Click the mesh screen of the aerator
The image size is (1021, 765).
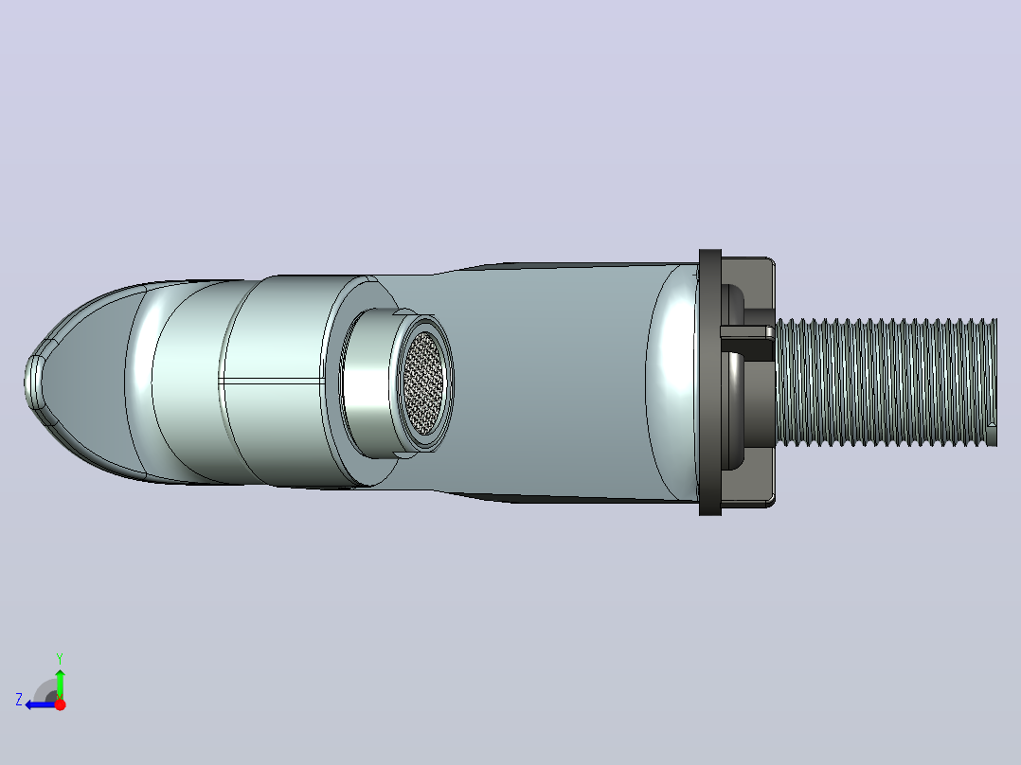tap(424, 382)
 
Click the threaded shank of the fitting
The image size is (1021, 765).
tap(887, 382)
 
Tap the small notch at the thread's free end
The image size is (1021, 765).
tap(992, 426)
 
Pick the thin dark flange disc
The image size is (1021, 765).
tap(709, 382)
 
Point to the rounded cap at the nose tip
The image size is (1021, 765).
tap(34, 382)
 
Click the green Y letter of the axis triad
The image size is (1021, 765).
tap(60, 658)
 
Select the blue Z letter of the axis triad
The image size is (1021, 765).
tap(19, 700)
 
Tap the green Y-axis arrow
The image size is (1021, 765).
tap(60, 684)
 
